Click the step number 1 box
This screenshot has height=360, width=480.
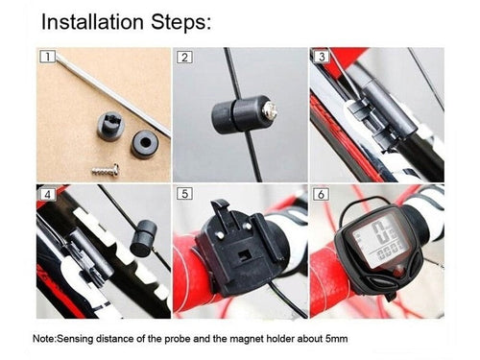47,57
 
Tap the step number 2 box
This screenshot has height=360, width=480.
184,57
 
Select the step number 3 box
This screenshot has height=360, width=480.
321,57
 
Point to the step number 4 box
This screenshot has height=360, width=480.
48,194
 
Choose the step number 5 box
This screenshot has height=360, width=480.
184,193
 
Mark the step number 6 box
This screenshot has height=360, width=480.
321,194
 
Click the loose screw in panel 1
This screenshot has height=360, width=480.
105,170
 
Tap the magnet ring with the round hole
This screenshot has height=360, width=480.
145,144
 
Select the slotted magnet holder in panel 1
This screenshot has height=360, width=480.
109,126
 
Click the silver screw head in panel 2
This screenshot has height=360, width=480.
269,111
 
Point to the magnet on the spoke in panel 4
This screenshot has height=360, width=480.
143,238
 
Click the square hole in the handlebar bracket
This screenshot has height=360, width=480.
246,256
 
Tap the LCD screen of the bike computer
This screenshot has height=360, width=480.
380,240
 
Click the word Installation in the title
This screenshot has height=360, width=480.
92,22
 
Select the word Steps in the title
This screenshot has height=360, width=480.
181,23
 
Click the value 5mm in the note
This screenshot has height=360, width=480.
336,339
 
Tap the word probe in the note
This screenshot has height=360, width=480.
178,339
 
